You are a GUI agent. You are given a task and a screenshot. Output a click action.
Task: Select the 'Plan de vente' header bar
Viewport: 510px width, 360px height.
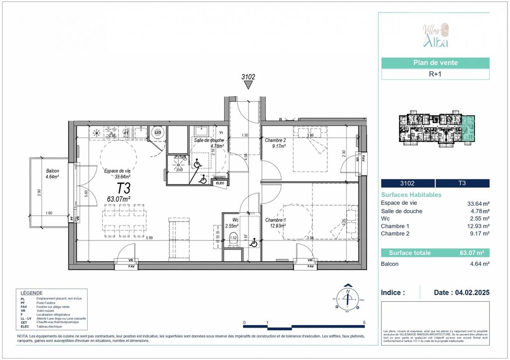point(435,63)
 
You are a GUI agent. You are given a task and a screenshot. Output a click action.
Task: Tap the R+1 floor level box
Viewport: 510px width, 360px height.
point(435,74)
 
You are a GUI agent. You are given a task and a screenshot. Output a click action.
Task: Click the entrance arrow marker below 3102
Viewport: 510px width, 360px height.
point(248,86)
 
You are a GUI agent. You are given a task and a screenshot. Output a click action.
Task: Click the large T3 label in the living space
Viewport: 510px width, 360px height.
point(124,188)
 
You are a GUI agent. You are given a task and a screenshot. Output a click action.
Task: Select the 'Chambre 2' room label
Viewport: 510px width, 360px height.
point(275,140)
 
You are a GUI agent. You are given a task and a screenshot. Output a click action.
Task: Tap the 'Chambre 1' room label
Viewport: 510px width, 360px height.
point(275,220)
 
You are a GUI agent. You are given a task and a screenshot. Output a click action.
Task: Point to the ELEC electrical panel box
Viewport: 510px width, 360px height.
point(219,183)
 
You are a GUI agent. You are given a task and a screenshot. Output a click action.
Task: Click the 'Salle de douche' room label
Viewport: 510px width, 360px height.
point(209,140)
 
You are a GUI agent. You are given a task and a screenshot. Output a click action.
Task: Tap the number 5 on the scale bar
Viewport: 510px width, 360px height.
point(365,323)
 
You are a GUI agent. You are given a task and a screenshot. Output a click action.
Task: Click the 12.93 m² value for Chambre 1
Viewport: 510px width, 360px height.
point(477,226)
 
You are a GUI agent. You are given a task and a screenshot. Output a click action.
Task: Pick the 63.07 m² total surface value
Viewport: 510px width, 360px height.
point(475,252)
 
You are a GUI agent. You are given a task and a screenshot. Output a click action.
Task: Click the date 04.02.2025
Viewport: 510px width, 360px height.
point(462,293)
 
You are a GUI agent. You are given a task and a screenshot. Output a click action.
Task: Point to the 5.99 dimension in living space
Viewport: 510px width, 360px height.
point(149,238)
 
